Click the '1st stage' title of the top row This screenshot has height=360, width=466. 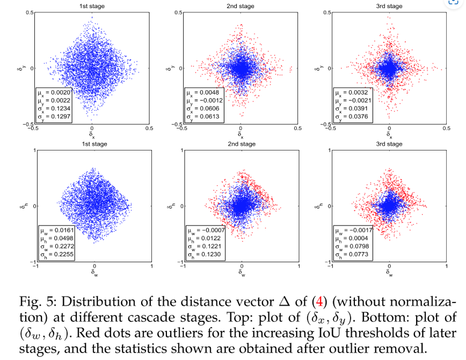tap(92, 6)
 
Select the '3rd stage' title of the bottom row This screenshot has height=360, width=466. tap(389, 144)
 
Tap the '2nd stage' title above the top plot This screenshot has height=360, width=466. tap(241, 6)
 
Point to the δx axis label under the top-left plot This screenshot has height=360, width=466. tap(92, 134)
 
